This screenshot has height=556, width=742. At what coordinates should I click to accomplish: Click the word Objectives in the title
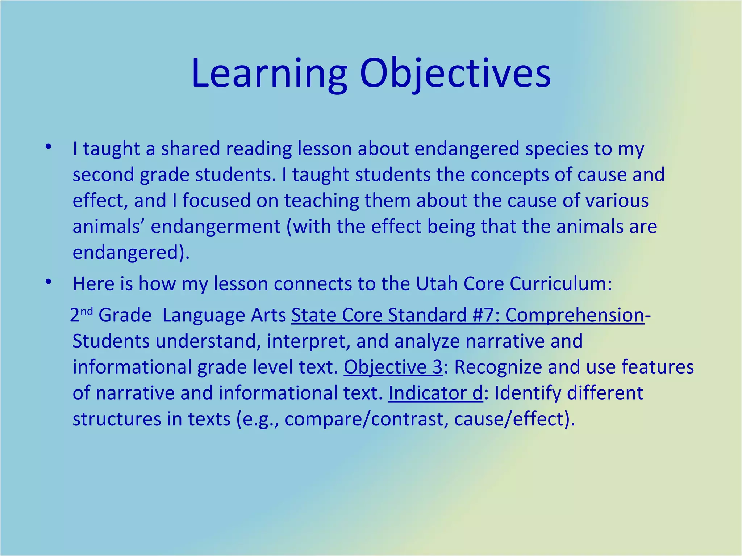pos(455,74)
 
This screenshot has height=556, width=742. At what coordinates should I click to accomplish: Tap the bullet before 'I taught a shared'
pos(49,147)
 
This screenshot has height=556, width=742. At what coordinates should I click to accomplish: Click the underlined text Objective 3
pos(393,367)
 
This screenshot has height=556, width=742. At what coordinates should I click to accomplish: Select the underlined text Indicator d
pos(435,393)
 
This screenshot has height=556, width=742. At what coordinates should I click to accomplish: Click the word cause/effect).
pos(514,419)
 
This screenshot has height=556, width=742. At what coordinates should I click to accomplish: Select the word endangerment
pos(216,227)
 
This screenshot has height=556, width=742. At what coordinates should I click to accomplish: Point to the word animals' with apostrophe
pos(109,227)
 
